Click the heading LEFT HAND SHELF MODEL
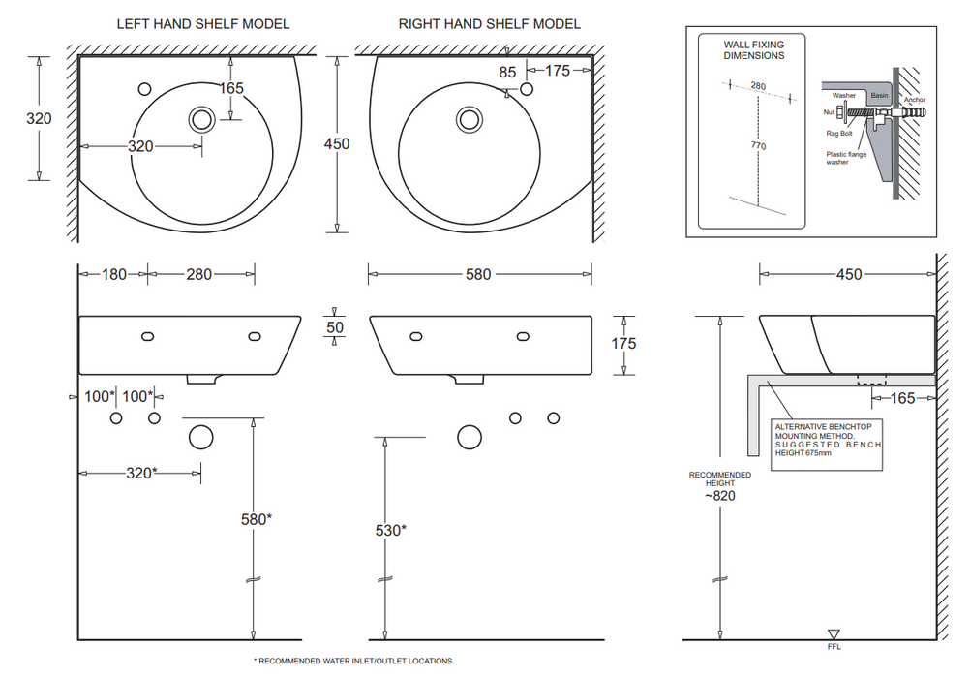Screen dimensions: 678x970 pos(203,23)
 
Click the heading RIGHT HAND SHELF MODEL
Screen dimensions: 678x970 pos(490,23)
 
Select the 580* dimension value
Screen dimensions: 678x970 pos(256,518)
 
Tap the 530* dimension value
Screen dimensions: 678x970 pos(390,530)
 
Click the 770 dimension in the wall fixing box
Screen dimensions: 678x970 pos(757,146)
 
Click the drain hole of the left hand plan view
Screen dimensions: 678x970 pos(202,119)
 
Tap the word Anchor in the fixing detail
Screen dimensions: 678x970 pos(915,100)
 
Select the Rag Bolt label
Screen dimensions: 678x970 pos(837,133)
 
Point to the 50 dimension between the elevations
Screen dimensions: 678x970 pos(335,327)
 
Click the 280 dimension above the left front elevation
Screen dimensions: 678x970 pos(198,275)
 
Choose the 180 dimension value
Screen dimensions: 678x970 pos(114,275)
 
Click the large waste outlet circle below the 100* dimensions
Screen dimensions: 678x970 pos(200,437)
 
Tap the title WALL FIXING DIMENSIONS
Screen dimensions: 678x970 pos(754,50)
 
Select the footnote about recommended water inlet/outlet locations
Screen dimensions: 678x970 pos(353,661)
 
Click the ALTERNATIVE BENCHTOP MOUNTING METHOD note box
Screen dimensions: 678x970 pos(828,445)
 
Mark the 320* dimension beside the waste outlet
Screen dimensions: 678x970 pos(140,473)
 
